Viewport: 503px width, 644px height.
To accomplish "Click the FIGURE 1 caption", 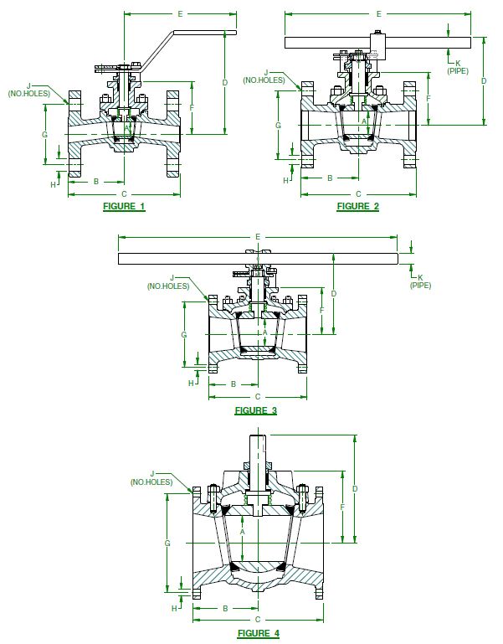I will [x=124, y=206].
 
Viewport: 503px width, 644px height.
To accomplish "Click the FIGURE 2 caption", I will [x=358, y=206].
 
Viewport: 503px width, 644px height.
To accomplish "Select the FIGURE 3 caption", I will [x=255, y=410].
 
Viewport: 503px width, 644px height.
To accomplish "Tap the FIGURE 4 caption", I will [x=259, y=633].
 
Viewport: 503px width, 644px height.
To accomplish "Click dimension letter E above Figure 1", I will [x=179, y=14].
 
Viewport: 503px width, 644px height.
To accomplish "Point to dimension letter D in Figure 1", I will [x=224, y=82].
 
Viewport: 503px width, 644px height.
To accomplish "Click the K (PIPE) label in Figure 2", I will [x=458, y=67].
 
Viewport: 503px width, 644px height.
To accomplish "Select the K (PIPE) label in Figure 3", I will [x=420, y=281].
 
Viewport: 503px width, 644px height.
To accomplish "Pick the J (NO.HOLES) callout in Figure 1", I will [x=28, y=89].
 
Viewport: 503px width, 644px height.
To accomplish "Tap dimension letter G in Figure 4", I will [x=167, y=544].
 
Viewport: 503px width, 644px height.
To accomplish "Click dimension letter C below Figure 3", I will [x=257, y=396].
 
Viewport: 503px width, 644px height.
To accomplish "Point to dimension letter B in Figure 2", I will [x=330, y=178].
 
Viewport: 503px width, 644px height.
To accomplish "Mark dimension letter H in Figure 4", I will [x=174, y=609].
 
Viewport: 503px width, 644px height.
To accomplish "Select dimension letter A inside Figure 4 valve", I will [x=242, y=532].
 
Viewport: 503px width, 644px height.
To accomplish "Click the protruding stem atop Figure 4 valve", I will [x=259, y=452].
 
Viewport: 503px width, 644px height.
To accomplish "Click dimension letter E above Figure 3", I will [x=257, y=237].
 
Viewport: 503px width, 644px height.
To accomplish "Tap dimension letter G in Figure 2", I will [x=278, y=124].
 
